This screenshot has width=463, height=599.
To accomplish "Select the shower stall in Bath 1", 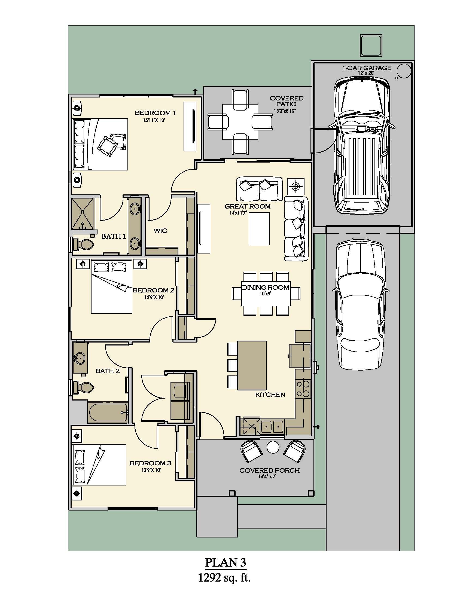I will [83, 214].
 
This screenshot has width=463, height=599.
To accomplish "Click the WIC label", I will [160, 231].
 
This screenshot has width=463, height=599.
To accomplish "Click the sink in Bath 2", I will [80, 358].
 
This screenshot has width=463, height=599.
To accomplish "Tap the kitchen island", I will [252, 365].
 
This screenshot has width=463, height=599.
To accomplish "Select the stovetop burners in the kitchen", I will [303, 389].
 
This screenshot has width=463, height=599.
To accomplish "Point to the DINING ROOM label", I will [265, 288].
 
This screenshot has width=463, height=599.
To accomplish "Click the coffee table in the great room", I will [259, 229].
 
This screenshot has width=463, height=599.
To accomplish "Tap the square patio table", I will [240, 122].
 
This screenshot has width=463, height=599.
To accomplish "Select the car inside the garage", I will [361, 145].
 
